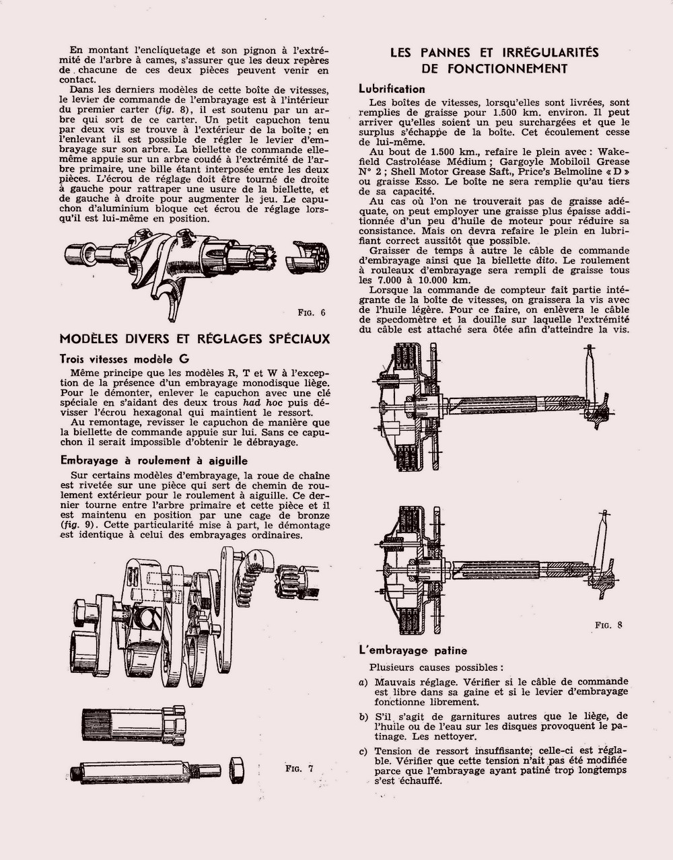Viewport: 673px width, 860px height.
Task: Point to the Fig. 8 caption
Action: pyautogui.click(x=608, y=625)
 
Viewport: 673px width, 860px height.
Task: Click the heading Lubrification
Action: pyautogui.click(x=392, y=89)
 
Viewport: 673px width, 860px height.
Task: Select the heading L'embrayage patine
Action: pyautogui.click(x=413, y=651)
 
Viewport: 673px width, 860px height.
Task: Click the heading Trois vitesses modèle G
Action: pyautogui.click(x=124, y=359)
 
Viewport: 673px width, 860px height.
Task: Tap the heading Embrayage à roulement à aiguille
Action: pyautogui.click(x=153, y=461)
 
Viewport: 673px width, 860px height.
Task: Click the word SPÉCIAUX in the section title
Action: pyautogui.click(x=293, y=338)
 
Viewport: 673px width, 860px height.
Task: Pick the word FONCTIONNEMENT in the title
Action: pyautogui.click(x=495, y=69)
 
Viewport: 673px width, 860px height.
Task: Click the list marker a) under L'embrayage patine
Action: pyautogui.click(x=363, y=682)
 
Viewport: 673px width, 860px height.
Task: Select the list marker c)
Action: pyautogui.click(x=363, y=752)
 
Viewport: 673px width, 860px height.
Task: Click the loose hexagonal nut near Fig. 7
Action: pyautogui.click(x=236, y=769)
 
